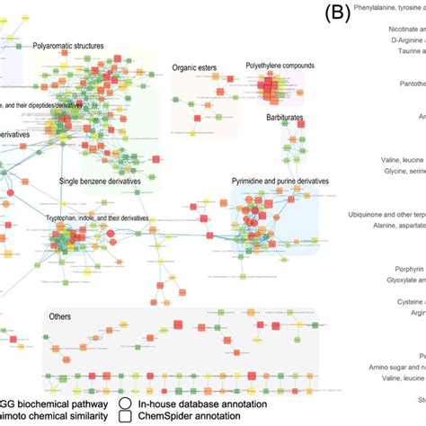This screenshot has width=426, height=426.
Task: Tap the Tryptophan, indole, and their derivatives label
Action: click(x=96, y=218)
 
